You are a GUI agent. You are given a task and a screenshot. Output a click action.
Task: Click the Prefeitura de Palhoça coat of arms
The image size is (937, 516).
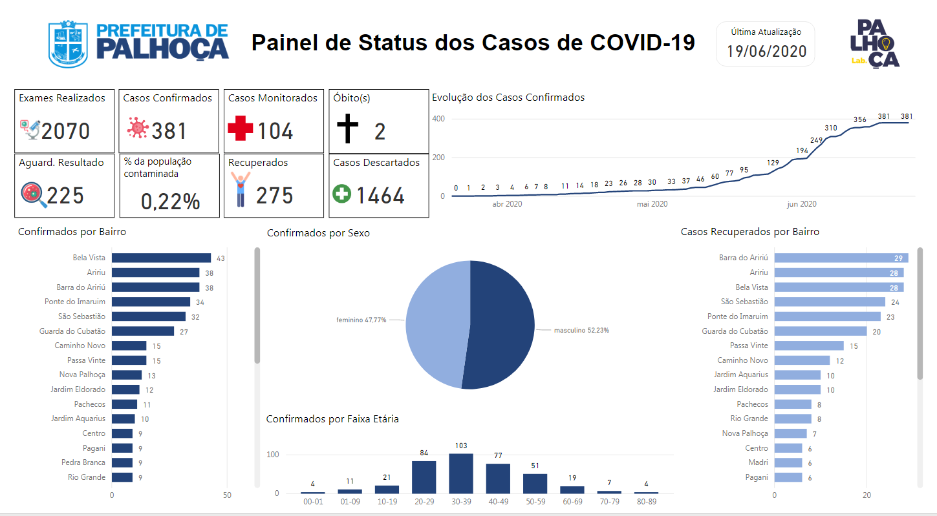[x=68, y=44]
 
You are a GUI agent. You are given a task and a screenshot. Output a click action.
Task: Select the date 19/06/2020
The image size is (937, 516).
[x=766, y=51]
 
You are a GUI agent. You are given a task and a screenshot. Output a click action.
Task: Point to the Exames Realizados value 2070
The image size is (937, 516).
[x=65, y=131]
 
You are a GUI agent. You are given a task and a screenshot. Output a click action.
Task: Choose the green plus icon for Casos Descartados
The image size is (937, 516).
[x=341, y=194]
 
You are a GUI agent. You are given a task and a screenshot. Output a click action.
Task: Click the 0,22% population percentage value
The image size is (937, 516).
[x=171, y=201]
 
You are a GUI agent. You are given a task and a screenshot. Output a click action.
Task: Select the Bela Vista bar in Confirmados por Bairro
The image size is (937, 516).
[x=161, y=258]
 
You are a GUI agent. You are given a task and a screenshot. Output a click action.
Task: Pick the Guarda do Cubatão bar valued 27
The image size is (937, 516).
[x=143, y=331]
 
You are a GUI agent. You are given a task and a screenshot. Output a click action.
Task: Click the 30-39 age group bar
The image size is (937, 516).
[x=461, y=473]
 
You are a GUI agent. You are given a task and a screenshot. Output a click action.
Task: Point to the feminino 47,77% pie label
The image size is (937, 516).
[x=361, y=320]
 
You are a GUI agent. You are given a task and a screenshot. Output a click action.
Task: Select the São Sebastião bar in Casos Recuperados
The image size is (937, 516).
[x=830, y=302]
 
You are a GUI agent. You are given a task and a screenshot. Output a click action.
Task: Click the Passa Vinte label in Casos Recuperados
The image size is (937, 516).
[x=749, y=346]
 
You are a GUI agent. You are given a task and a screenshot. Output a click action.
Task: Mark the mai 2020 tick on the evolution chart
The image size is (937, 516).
[x=652, y=204]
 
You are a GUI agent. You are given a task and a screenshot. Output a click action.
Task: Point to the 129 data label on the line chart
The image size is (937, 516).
[x=773, y=163]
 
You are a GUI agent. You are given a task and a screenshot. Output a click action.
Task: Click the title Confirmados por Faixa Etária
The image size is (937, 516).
[x=332, y=419]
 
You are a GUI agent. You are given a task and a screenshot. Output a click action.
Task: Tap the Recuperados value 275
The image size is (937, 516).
[x=274, y=196]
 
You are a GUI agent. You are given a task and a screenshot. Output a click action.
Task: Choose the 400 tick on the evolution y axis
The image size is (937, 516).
[x=438, y=119]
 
